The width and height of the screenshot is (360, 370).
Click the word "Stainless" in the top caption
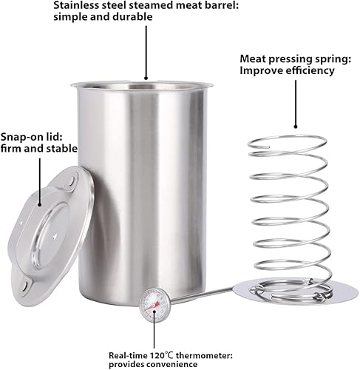(76, 5)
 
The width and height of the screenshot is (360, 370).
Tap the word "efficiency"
(310, 71)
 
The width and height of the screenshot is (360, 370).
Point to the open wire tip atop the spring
(268, 147)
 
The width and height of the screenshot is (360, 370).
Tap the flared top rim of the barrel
(142, 84)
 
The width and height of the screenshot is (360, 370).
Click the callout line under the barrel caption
(146, 53)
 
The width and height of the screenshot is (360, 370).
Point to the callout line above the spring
(296, 104)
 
